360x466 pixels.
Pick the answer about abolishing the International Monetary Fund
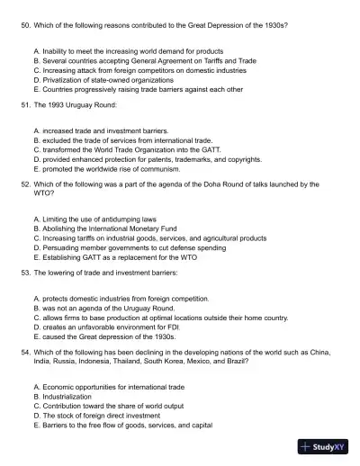101,229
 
